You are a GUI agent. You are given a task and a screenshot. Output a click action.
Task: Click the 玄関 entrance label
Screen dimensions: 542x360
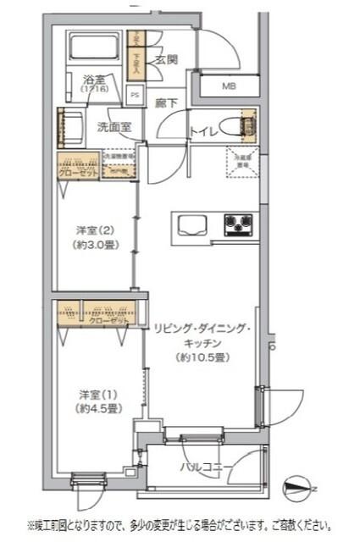[166, 59]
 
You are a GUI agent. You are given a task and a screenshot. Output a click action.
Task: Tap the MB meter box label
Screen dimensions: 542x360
[230, 86]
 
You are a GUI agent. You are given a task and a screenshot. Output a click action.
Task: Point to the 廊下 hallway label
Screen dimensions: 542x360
[166, 103]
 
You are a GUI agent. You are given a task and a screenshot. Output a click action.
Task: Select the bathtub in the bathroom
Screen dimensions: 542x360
[94, 48]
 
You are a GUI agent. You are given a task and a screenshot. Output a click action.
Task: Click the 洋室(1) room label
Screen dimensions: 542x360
[96, 394]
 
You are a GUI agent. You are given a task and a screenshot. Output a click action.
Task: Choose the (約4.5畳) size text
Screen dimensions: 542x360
[96, 409]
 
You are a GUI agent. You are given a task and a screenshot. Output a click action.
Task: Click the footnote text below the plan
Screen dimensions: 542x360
[180, 525]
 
